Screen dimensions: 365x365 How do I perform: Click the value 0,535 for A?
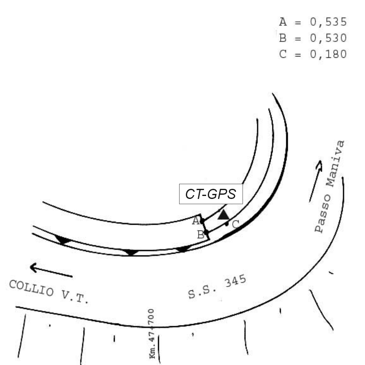pyautogui.click(x=328, y=22)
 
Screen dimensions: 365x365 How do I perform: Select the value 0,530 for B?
pyautogui.click(x=328, y=38)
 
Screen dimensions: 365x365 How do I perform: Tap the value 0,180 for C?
pyautogui.click(x=328, y=54)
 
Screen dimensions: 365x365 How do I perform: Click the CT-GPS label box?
pyautogui.click(x=211, y=194)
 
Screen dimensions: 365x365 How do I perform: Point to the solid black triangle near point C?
pyautogui.click(x=223, y=215)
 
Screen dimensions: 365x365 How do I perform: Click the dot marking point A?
pyautogui.click(x=202, y=220)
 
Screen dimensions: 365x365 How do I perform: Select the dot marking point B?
pyautogui.click(x=207, y=232)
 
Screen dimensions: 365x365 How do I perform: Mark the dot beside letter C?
pyautogui.click(x=227, y=224)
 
